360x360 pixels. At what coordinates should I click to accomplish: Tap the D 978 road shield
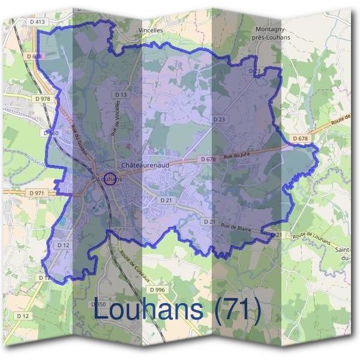point(42,98)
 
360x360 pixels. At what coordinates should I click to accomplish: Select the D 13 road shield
point(121,95)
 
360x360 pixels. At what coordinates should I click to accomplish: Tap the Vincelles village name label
point(150,29)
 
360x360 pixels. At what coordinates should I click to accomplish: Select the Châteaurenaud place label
point(145,164)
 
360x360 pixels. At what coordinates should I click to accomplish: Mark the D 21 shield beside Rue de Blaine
point(209,222)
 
